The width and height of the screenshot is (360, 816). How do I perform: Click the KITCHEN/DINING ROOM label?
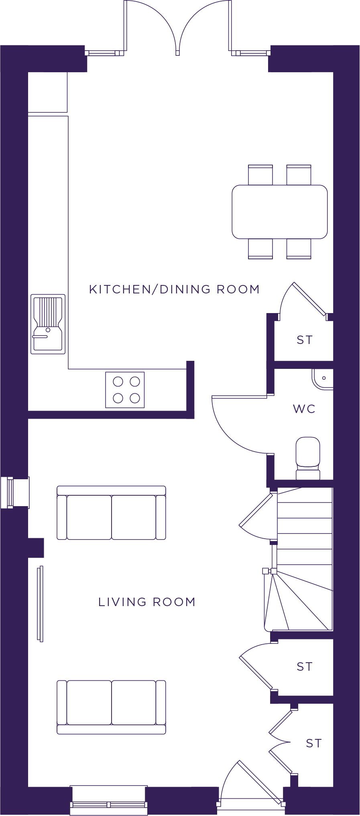pos(174,289)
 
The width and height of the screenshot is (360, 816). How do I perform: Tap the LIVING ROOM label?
pos(147,602)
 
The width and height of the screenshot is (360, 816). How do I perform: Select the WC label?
pos(304,409)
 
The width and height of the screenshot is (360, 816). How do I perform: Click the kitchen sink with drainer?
pos(48,324)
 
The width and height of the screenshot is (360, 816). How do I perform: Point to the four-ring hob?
pos(125,390)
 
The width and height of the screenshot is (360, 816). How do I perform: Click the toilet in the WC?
pos(308,458)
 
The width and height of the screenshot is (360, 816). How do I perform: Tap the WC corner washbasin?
pos(323,379)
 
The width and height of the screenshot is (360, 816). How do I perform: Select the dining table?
pos(280,212)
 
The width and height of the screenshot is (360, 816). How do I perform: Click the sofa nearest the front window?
pos(111,707)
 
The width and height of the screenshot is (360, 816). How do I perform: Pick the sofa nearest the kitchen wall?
pos(111,513)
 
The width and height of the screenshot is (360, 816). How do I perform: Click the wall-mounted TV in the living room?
pos(40,603)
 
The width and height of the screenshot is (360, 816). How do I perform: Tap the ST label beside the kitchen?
pos(305,340)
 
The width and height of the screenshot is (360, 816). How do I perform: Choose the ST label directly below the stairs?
pos(305,667)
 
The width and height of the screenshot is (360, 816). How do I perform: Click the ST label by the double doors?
pos(314,743)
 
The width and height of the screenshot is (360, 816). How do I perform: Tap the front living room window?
pos(109,801)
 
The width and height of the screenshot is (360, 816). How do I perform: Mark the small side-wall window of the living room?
pos(15,492)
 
